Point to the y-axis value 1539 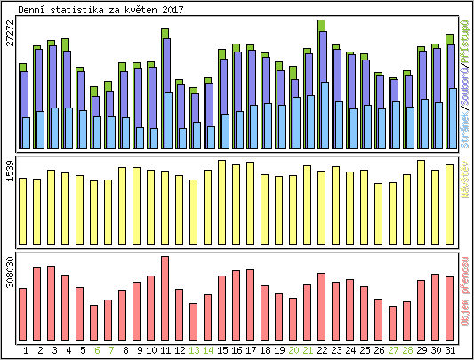10,172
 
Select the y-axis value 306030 10,271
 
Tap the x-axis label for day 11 165,350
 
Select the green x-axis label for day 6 93,350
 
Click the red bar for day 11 165,298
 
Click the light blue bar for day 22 324,116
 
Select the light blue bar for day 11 167,120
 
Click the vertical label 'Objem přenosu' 464,292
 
